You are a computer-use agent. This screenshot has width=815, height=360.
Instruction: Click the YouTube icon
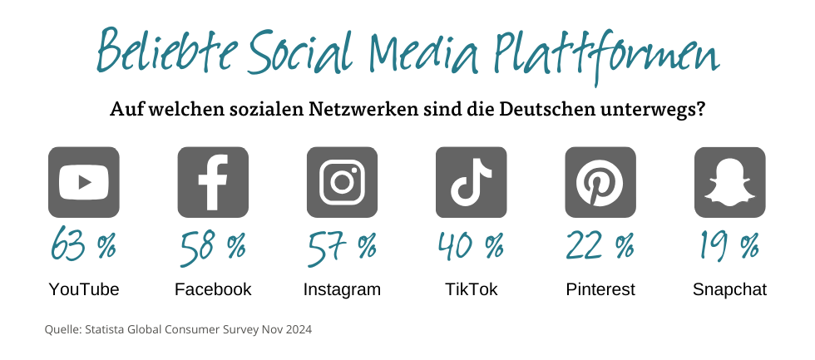83,182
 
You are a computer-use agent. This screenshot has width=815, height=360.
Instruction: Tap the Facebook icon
213,182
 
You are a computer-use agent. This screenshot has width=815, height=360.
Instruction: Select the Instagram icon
342,182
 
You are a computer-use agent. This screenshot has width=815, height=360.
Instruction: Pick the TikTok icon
471,182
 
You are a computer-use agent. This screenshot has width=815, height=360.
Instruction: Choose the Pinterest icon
600,182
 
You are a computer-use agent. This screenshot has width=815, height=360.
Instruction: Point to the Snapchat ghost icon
729,182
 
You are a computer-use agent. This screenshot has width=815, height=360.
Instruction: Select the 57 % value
342,246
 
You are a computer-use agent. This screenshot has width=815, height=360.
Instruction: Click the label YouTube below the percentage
83,289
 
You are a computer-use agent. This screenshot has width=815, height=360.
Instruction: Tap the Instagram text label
342,290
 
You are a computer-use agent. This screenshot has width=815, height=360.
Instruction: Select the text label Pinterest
600,289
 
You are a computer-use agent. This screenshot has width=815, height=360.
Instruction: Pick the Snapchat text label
729,290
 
